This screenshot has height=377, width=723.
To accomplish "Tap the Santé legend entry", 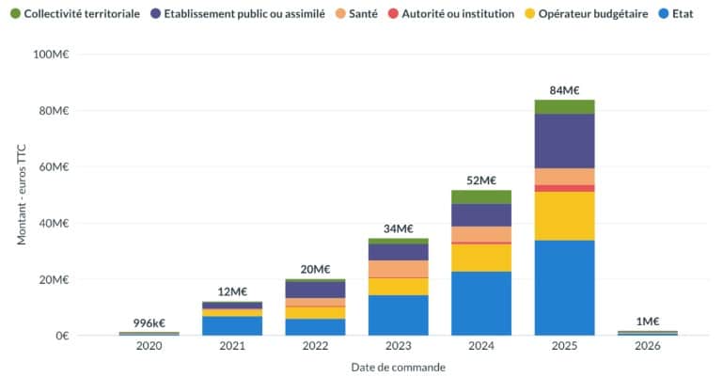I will (x=357, y=14).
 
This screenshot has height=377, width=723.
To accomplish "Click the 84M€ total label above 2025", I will (x=564, y=91).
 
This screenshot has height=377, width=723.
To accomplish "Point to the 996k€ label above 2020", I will (x=149, y=323).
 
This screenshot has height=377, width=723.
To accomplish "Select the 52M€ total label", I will (x=481, y=181).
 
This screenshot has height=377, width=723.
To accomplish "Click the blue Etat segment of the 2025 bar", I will (x=564, y=288).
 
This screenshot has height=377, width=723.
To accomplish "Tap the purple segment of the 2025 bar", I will (x=564, y=141).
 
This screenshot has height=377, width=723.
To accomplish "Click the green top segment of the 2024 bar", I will (x=481, y=196).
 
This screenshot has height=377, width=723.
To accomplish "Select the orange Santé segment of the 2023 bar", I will (x=399, y=269).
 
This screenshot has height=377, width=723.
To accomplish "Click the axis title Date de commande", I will (x=398, y=367).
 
